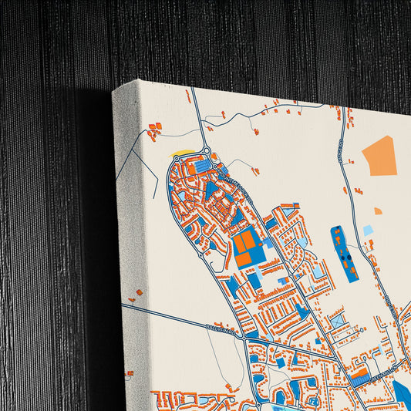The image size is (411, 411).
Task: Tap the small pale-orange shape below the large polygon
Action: click(378, 211)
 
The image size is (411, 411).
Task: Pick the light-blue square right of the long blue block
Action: click(368, 230)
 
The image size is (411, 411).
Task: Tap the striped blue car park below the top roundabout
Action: click(202, 166)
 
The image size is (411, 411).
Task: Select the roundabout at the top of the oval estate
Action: click(207, 150)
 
